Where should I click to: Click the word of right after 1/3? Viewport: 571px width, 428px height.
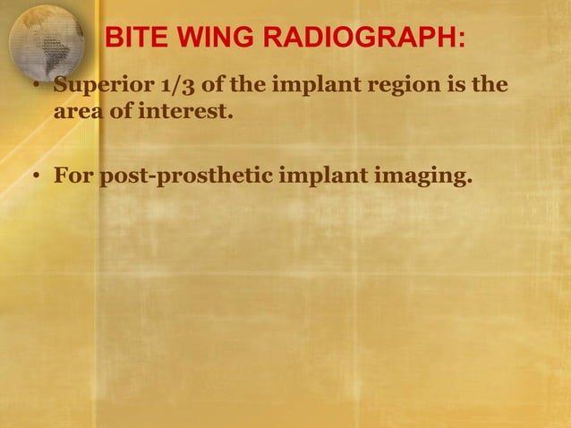(x=200, y=88)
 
